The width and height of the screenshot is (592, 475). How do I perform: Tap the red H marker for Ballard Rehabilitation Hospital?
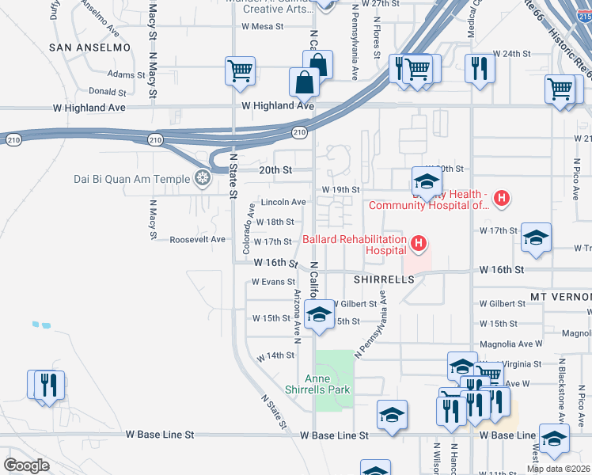(419, 241)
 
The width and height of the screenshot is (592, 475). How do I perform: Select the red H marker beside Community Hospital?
(500, 198)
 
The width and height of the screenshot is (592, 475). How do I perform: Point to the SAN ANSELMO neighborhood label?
(89, 47)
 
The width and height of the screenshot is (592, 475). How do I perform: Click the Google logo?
(26, 465)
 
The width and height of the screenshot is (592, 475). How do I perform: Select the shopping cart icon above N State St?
(239, 70)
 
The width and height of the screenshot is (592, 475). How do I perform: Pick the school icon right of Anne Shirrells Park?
(392, 414)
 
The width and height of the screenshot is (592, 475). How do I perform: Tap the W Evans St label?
(273, 282)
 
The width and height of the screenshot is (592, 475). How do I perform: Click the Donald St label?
(108, 92)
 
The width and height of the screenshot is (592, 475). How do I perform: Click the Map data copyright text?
(558, 469)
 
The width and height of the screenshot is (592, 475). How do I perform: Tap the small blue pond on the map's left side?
(41, 325)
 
